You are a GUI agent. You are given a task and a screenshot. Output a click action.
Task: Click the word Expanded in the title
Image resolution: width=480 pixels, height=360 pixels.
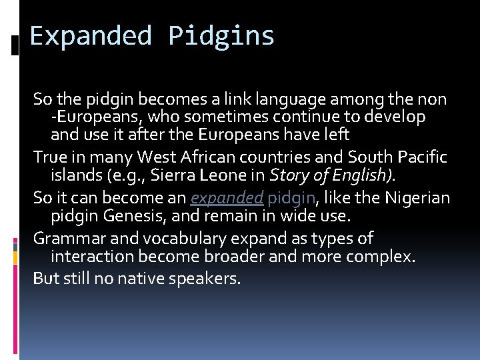point(91,36)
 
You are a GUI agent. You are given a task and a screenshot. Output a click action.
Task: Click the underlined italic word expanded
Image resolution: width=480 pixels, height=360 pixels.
point(227,199)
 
